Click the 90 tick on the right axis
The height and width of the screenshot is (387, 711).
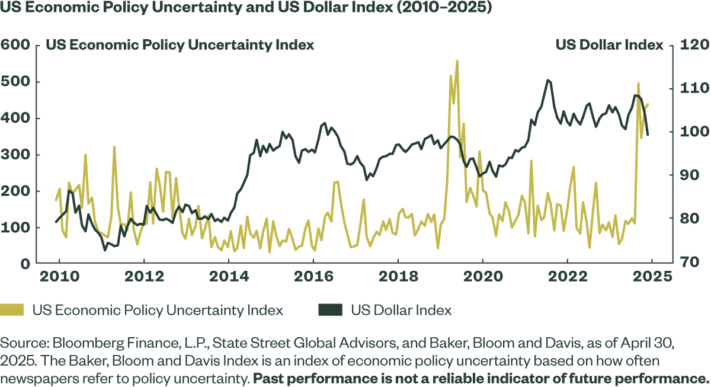point(684,175)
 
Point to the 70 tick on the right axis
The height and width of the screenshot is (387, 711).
point(684,263)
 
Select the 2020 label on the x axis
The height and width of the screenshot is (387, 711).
point(482,277)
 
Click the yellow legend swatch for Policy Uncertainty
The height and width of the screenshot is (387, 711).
point(12,310)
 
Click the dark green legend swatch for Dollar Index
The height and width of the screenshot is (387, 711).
point(330,310)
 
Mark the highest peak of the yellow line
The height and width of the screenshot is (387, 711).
point(457,60)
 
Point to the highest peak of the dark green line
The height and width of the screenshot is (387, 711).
point(549,79)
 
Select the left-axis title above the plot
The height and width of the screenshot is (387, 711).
point(180,45)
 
